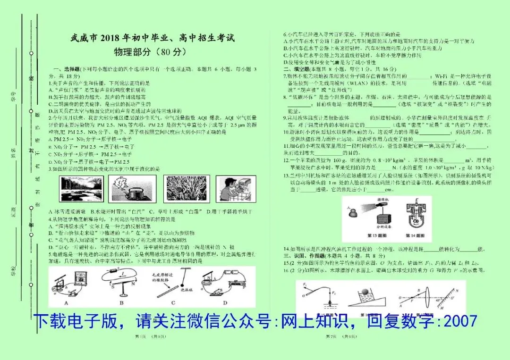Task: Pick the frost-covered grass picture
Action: (183, 189)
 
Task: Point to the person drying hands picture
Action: (236, 189)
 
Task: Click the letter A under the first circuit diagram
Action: (66, 302)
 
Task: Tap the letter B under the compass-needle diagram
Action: (121, 302)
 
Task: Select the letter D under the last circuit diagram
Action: (225, 302)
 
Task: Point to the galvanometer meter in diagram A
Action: (76, 277)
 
